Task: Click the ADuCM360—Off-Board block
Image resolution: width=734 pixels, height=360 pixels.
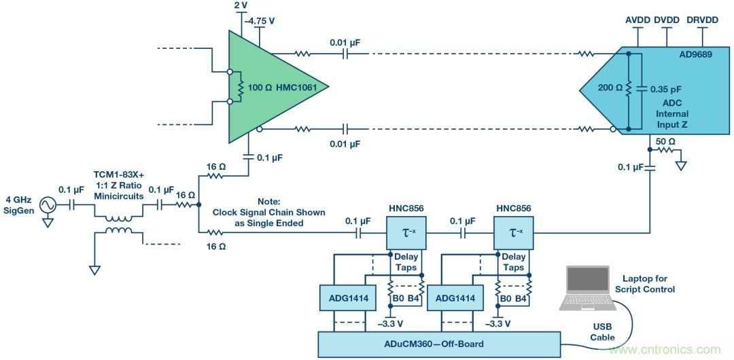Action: [440, 344]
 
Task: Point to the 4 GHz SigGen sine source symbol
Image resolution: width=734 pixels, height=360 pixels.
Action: [48, 204]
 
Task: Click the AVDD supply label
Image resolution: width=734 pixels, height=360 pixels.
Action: [637, 20]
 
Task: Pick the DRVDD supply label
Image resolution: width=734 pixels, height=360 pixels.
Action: [703, 20]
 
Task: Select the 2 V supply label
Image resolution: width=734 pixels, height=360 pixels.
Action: [241, 5]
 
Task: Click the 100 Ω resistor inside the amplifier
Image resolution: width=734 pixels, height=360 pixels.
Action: [240, 87]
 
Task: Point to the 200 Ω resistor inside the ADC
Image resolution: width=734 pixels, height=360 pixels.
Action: [629, 89]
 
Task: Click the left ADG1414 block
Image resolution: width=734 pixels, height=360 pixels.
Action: [341, 297]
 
